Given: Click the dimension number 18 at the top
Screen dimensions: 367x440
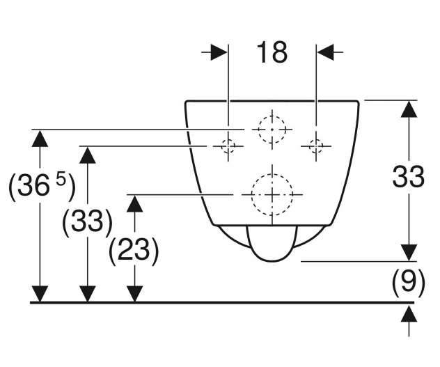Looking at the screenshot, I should (x=272, y=52).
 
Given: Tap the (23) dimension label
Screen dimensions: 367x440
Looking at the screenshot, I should (x=134, y=251).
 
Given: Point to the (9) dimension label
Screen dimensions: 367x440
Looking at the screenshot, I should (x=408, y=281).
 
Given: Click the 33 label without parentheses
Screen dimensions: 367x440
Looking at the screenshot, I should (x=408, y=178).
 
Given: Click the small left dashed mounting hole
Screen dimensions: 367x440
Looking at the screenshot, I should (x=228, y=146).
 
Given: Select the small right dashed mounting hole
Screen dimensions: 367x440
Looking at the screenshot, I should (x=316, y=146).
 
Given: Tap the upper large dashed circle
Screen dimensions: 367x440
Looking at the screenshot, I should (x=272, y=129).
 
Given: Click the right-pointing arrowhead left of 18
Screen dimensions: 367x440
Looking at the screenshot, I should (x=219, y=52).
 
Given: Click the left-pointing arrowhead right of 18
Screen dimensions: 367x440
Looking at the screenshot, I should (x=326, y=52).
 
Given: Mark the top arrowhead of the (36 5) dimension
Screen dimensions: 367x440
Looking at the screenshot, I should (x=40, y=138).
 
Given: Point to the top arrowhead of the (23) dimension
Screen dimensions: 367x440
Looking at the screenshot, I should (x=134, y=203).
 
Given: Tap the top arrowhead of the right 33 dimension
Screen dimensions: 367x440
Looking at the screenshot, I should (x=408, y=109).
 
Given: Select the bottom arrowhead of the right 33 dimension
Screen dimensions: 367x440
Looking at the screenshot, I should (x=408, y=252).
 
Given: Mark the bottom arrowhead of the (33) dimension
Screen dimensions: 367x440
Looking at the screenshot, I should (x=87, y=294).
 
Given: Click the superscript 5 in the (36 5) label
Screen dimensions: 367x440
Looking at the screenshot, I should (x=61, y=180).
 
